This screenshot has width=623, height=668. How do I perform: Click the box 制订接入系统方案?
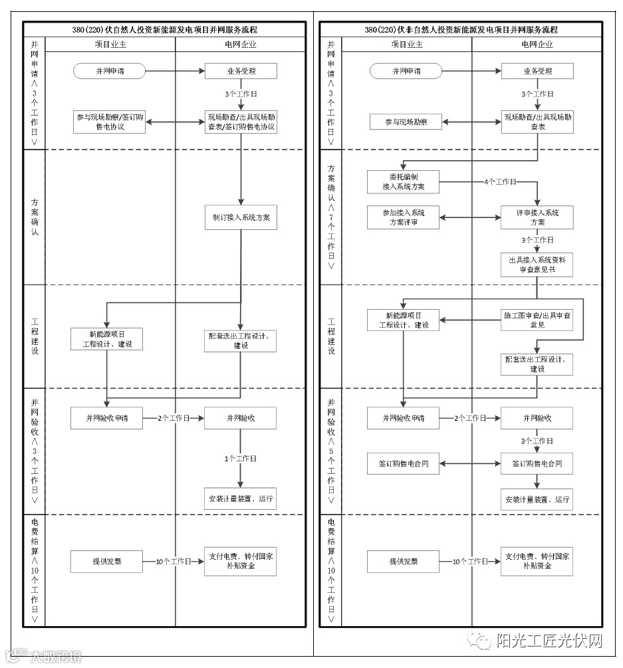click(x=240, y=218)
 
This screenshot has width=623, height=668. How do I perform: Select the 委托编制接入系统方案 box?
click(x=403, y=181)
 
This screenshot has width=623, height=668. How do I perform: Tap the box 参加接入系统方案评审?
click(x=403, y=217)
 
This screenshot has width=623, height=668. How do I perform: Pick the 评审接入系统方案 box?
click(x=537, y=217)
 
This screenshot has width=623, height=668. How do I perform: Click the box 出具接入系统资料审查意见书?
click(x=537, y=265)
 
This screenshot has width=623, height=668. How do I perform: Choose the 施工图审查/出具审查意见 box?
click(x=537, y=320)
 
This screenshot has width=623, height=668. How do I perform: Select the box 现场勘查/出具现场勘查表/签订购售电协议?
click(x=240, y=122)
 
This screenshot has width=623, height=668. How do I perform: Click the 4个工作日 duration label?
click(x=500, y=181)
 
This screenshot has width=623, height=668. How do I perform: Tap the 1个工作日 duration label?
click(x=240, y=459)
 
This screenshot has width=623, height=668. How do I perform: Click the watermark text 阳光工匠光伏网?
click(x=549, y=641)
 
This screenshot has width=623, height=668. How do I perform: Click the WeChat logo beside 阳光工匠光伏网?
click(x=480, y=640)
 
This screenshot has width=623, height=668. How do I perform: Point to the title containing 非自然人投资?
click(x=461, y=30)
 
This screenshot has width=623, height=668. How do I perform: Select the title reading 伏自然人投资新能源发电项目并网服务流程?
click(x=164, y=30)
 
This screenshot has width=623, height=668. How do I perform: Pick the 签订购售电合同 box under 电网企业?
click(x=537, y=463)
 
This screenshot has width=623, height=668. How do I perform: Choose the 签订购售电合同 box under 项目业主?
click(x=403, y=463)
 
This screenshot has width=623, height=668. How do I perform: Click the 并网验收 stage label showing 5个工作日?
click(x=330, y=451)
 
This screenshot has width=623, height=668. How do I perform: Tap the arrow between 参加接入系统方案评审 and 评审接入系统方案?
click(x=470, y=217)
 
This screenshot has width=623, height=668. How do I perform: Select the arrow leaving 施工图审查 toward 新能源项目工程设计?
click(x=470, y=320)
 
